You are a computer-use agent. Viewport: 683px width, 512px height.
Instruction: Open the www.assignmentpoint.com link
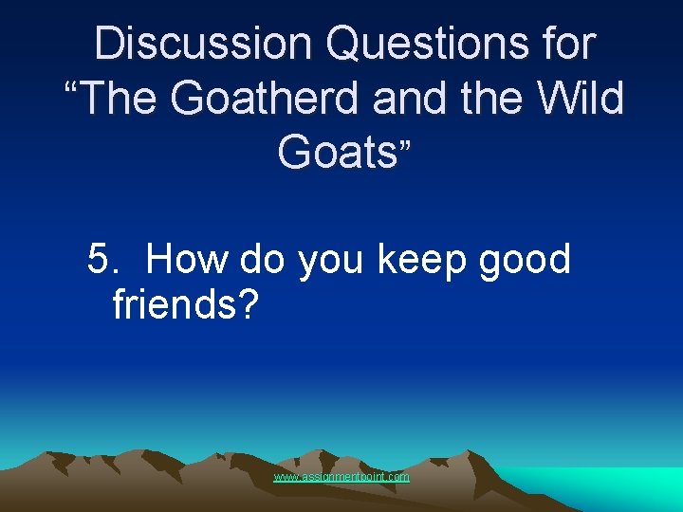[x=341, y=477]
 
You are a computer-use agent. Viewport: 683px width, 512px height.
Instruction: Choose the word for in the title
[x=565, y=45]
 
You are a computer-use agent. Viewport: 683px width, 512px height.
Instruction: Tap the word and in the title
[x=403, y=98]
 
